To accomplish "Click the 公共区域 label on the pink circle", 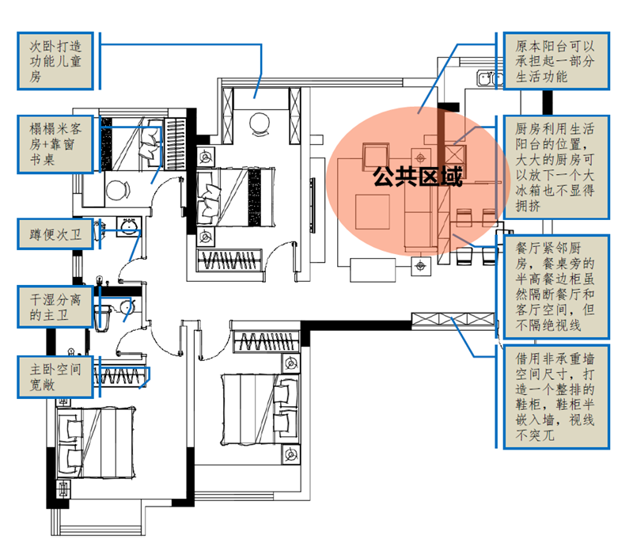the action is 418,176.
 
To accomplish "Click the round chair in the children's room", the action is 260,123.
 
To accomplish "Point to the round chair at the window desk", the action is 117,191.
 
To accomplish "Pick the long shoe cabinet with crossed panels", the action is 453,321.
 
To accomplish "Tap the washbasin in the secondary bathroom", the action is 130,229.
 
